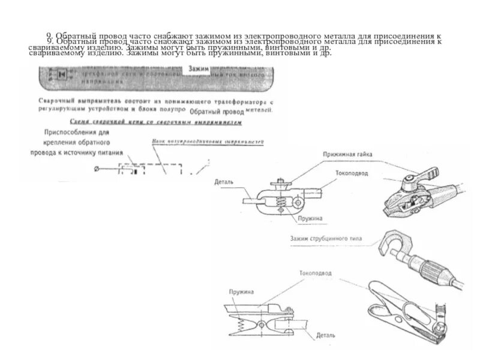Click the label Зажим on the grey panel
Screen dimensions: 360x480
(199, 69)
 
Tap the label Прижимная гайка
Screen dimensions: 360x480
(347, 155)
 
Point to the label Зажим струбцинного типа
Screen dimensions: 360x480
(325, 239)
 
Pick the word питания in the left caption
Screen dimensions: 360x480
(110, 152)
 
